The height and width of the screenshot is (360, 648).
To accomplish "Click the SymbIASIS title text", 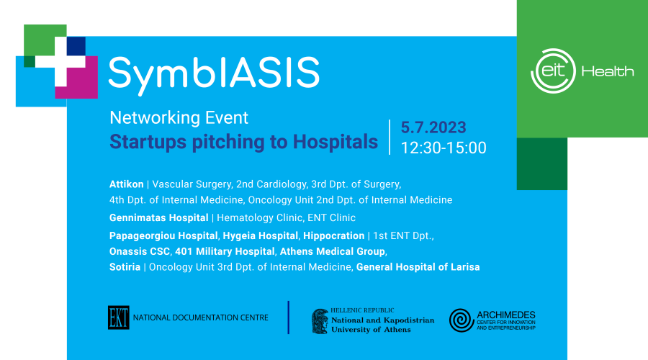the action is pyautogui.click(x=214, y=74).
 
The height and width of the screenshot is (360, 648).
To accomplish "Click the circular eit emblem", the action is pyautogui.click(x=553, y=71).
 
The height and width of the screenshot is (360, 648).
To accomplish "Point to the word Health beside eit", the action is pyautogui.click(x=608, y=71).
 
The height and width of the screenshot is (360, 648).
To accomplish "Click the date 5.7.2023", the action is pyautogui.click(x=433, y=127).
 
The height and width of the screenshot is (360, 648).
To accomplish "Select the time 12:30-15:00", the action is pyautogui.click(x=444, y=148).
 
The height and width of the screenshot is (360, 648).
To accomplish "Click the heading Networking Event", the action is pyautogui.click(x=179, y=118).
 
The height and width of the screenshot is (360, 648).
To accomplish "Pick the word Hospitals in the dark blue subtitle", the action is pyautogui.click(x=335, y=142).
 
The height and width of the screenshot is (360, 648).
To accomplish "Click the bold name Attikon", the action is pyautogui.click(x=127, y=184).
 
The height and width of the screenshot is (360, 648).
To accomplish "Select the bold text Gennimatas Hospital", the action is pyautogui.click(x=158, y=218).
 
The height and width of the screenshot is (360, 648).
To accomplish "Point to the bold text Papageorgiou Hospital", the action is pyautogui.click(x=163, y=236).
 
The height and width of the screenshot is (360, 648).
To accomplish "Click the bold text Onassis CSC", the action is pyautogui.click(x=139, y=252).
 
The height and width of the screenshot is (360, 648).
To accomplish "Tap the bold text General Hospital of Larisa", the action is pyautogui.click(x=418, y=267).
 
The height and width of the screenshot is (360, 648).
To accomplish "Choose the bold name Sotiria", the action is pyautogui.click(x=125, y=267).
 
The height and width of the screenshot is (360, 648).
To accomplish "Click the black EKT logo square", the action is pyautogui.click(x=119, y=318).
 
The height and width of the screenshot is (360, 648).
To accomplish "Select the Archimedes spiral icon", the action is pyautogui.click(x=462, y=320).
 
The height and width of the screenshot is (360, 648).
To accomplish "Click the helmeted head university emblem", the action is pyautogui.click(x=320, y=322).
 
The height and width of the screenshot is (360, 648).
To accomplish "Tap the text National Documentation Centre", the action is pyautogui.click(x=200, y=318).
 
